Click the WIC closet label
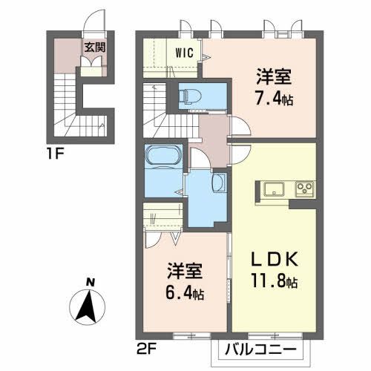[x=185, y=53]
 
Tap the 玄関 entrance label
[x=93, y=47]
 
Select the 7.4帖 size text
[x=273, y=98]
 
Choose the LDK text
[x=275, y=260]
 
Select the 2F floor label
[x=145, y=345]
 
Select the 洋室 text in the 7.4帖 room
[x=272, y=76]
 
